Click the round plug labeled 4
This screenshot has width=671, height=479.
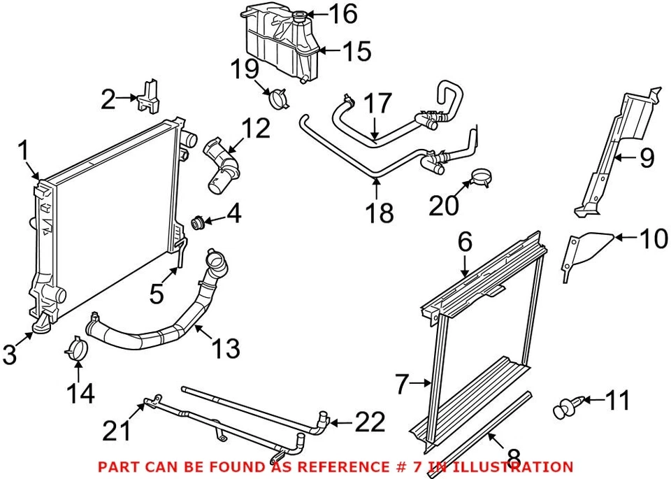198,223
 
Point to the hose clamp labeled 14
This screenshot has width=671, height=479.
79,349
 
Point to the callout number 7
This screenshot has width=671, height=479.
401,383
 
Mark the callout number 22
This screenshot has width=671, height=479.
369,422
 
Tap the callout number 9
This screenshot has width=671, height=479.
646,158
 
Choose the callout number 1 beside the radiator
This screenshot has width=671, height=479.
23,150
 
